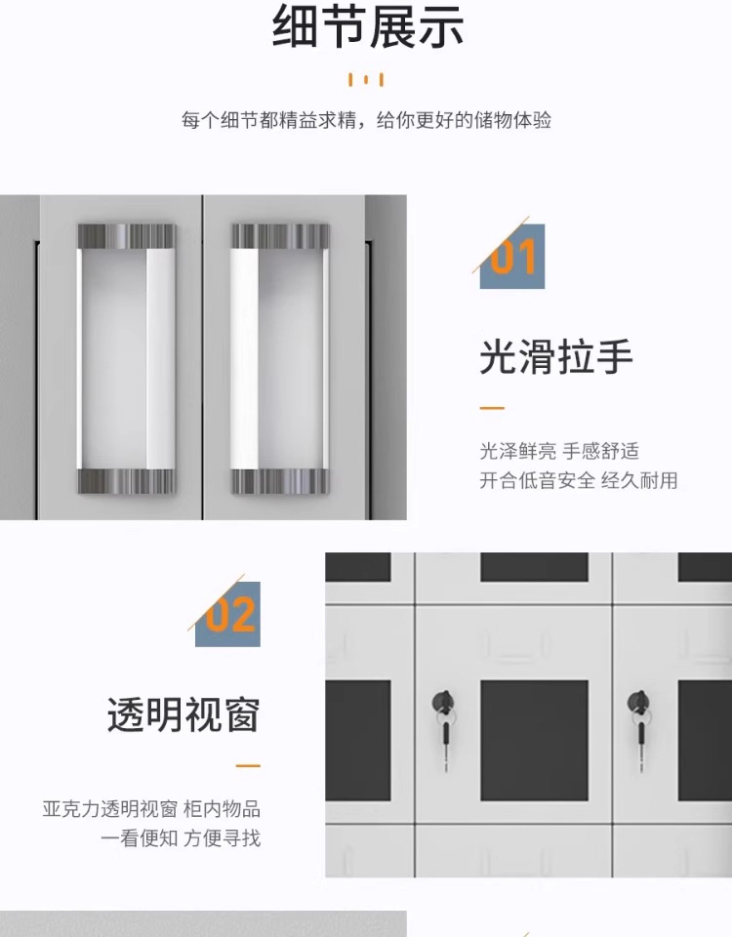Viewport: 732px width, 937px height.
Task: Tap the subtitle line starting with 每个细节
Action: click(x=366, y=121)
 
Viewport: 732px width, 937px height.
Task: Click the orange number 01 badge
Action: click(x=512, y=257)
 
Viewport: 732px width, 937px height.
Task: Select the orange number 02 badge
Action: click(x=228, y=615)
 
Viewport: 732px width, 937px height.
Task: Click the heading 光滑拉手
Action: click(x=556, y=358)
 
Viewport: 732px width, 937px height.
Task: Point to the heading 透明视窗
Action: click(x=183, y=715)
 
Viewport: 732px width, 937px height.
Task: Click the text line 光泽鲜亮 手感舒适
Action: click(x=559, y=451)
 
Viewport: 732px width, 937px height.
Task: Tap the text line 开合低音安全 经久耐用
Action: click(x=578, y=480)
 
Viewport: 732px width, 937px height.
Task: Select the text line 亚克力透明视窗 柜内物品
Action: click(x=151, y=809)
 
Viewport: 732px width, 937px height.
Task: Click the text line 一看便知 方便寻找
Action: click(x=181, y=838)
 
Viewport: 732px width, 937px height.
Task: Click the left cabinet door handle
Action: click(x=127, y=358)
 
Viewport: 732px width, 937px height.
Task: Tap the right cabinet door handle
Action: click(x=281, y=358)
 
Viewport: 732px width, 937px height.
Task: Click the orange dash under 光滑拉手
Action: click(x=492, y=408)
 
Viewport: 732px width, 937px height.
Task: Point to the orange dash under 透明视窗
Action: click(x=248, y=766)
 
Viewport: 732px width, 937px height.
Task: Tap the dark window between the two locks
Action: click(x=534, y=740)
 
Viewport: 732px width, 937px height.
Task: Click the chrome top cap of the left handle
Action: click(x=127, y=236)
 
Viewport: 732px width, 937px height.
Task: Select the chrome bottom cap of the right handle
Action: click(x=281, y=481)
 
